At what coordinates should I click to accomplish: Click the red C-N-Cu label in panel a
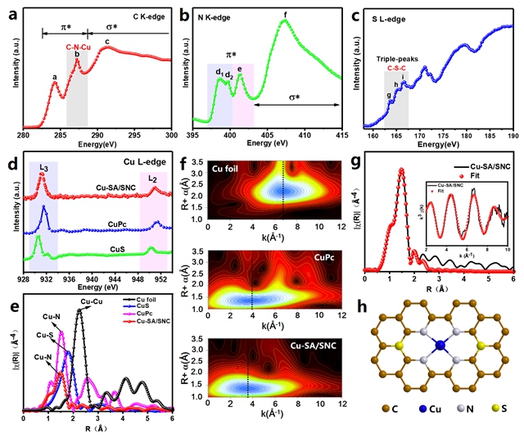click(x=77, y=46)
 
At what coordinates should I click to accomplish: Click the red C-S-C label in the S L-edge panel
click(x=398, y=68)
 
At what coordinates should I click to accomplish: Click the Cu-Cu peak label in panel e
click(x=91, y=301)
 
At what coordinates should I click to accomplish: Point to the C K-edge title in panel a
click(x=145, y=16)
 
